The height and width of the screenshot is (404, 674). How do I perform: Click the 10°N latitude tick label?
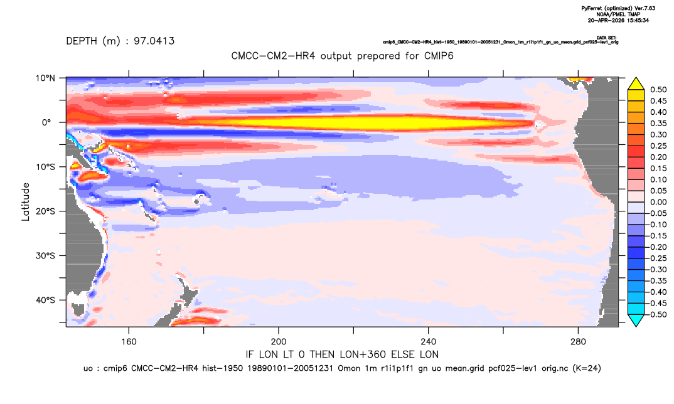pos(45,78)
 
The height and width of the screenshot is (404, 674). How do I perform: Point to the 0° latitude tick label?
pos(46,122)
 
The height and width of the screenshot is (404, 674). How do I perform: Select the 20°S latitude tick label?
pos(45,211)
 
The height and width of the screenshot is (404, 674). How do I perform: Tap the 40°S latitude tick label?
pos(45,300)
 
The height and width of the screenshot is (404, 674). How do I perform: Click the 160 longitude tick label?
pos(129,342)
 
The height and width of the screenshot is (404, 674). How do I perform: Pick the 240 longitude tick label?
pos(429,342)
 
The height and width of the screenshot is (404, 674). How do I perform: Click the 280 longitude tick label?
pos(578,342)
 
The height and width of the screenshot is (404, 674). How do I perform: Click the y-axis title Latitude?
pos(26,202)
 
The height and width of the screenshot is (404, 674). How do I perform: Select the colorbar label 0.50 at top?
pos(658,90)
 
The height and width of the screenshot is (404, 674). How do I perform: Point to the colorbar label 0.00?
pos(658,202)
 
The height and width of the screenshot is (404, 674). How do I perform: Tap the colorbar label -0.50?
pos(657,314)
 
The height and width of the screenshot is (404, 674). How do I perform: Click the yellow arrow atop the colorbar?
pos(636,84)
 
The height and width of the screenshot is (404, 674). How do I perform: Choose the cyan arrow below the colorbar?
pos(636,320)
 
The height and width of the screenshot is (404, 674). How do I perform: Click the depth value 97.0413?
pos(154,41)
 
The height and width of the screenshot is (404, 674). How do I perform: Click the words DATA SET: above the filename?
pos(607,38)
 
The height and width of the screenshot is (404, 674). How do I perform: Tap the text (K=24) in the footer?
pos(587,368)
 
